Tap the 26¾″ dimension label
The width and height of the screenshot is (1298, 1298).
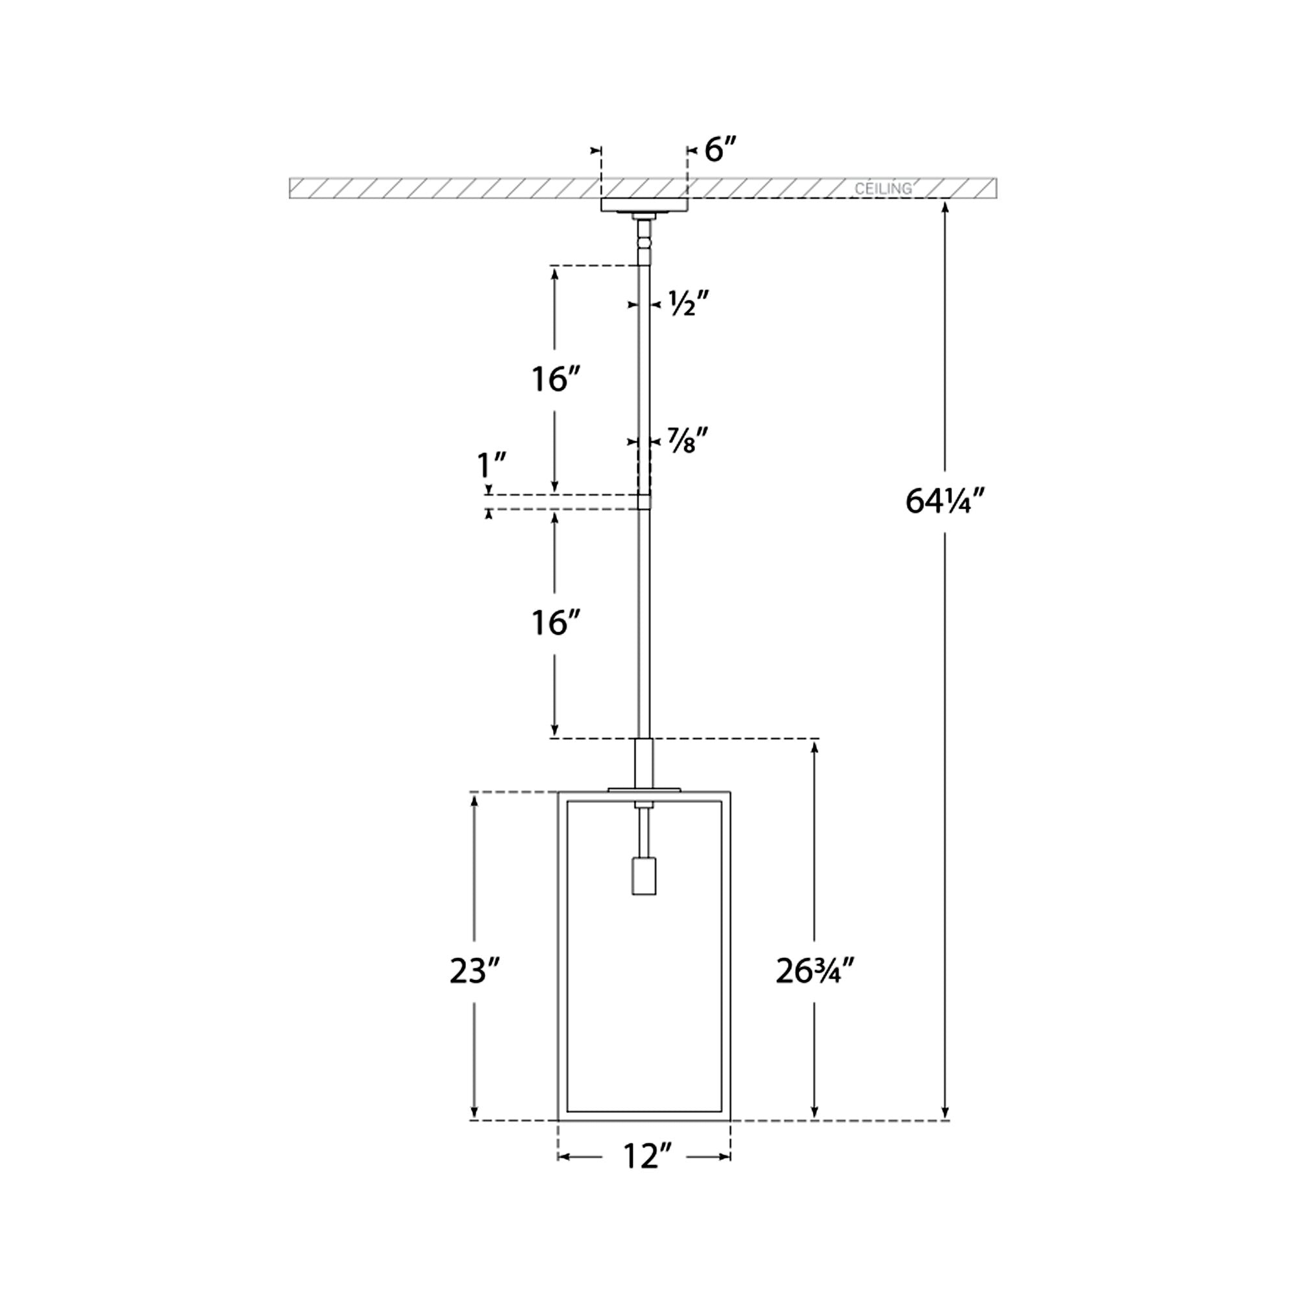click(815, 970)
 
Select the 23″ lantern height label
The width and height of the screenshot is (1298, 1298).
click(475, 970)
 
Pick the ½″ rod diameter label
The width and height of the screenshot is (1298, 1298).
click(689, 304)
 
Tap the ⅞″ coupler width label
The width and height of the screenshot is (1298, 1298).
click(688, 441)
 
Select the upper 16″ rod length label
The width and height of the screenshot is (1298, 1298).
click(555, 380)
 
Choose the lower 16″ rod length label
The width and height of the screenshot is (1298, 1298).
click(555, 623)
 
